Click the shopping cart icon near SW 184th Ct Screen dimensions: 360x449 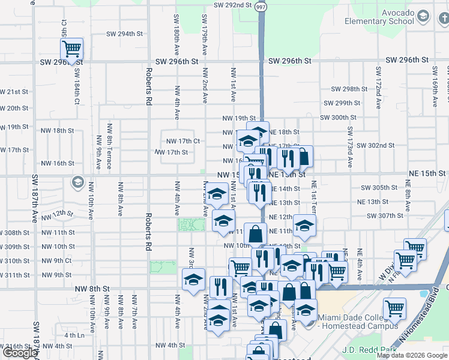click(x=71, y=49)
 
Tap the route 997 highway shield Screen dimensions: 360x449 click(x=260, y=6)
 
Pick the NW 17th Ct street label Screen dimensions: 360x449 click(x=180, y=141)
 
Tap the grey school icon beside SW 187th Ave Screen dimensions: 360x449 click(x=77, y=181)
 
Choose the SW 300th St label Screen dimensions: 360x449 click(x=338, y=118)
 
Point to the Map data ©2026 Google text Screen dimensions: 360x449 click(x=411, y=355)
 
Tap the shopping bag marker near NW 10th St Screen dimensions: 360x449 click(x=256, y=233)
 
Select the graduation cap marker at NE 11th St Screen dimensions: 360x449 click(x=304, y=226)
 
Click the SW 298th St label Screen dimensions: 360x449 click(x=347, y=89)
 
